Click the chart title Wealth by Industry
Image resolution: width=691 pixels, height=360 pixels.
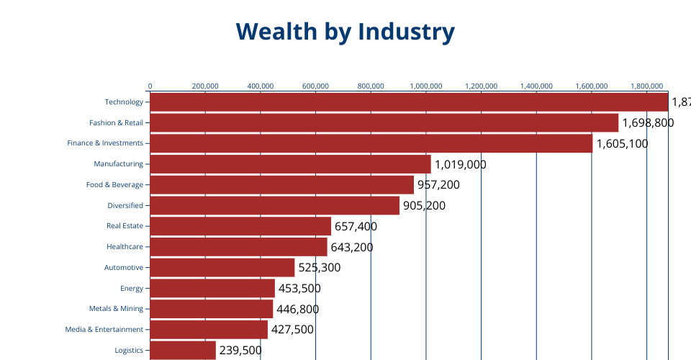[345, 32]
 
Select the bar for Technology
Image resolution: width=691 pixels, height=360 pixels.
[409, 102]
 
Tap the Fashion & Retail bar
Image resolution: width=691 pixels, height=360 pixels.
[384, 122]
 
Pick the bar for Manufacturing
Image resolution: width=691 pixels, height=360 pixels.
[290, 164]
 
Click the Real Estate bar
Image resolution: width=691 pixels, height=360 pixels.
[240, 226]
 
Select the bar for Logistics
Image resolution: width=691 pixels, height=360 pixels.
[183, 351]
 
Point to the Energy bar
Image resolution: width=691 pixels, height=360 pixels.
[212, 288]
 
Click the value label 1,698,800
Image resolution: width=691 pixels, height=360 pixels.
[648, 123]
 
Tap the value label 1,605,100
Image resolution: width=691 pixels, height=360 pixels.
[622, 144]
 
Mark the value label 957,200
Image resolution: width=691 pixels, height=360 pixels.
[438, 185]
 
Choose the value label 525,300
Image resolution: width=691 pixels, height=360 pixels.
[320, 268]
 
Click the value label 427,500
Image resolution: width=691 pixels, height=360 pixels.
[292, 330]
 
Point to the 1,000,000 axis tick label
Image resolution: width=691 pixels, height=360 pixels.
[426, 86]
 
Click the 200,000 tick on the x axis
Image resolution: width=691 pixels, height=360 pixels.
[205, 86]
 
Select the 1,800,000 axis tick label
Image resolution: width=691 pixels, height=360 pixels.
[646, 86]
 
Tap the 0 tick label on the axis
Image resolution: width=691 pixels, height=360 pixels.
[150, 86]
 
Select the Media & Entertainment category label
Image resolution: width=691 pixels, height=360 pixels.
[104, 330]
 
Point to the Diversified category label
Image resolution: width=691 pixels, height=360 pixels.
[125, 206]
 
